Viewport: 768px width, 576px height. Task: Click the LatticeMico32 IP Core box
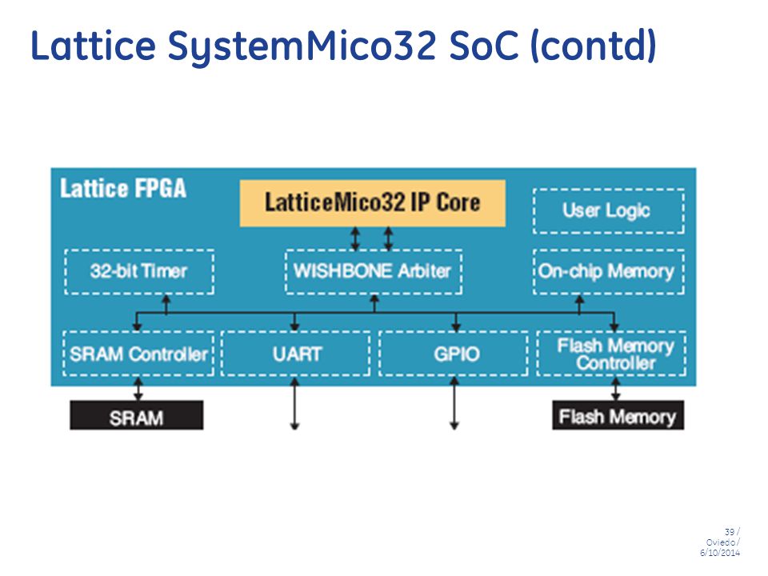(x=372, y=202)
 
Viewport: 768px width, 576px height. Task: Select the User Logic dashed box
(x=608, y=210)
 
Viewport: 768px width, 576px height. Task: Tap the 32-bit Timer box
(x=139, y=271)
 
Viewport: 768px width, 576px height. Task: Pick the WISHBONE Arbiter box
(x=374, y=271)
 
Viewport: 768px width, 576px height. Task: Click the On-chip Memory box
(x=608, y=271)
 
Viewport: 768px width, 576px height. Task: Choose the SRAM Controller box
(x=138, y=354)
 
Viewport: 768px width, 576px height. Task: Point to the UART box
(x=296, y=354)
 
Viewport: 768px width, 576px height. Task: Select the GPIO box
(x=454, y=354)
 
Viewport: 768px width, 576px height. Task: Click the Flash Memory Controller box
(x=612, y=354)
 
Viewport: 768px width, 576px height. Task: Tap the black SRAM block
(x=136, y=415)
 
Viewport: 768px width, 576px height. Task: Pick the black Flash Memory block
(x=618, y=415)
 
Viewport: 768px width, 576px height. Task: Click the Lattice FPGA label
(x=123, y=189)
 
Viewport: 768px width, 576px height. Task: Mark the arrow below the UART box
(x=294, y=403)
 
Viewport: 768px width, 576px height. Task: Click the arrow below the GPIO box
(x=454, y=403)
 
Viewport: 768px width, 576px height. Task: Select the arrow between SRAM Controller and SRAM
(x=138, y=389)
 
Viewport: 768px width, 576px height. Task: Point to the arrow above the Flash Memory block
(x=616, y=389)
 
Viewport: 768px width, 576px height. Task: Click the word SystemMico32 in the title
(x=302, y=46)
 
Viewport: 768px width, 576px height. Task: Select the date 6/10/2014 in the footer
(x=719, y=553)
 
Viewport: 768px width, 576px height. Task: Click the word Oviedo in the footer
(x=720, y=542)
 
